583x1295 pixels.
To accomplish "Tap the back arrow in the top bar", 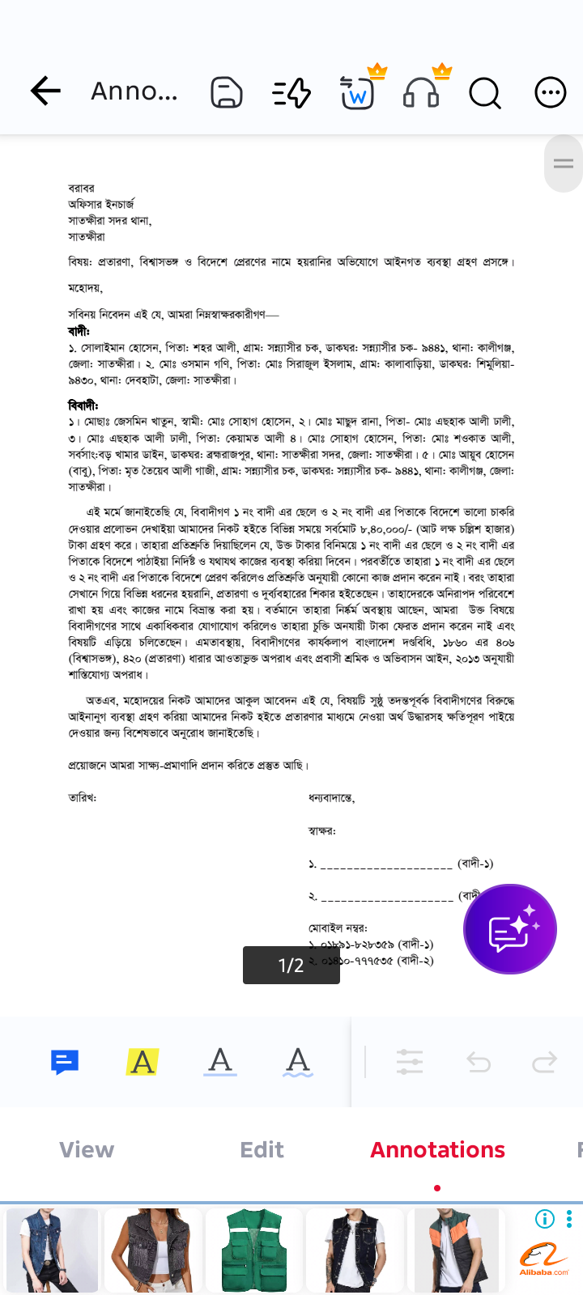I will coord(45,91).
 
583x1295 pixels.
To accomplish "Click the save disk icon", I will coord(227,92).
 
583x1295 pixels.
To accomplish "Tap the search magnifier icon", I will coord(485,93).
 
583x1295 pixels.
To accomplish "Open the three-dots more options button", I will coord(551,92).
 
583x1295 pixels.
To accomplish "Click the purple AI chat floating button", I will coord(510,929).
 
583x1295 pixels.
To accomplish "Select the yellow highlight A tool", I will coord(143,1061).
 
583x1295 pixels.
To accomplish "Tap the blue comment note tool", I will coord(65,1061).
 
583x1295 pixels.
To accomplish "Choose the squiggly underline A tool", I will coord(298,1061).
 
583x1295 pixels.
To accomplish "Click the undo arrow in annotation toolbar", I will coord(479,1061).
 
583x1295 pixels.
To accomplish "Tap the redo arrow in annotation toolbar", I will coord(544,1061).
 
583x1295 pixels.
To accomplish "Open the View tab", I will coord(87,1149).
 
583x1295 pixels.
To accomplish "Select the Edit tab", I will coord(262,1149).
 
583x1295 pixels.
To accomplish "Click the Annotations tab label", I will coord(437,1149).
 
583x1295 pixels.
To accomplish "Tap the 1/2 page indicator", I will coord(291,965).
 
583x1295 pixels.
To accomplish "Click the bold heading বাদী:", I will coord(79,331).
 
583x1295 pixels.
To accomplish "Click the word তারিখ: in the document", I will coord(83,797).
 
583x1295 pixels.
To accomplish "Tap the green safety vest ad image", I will coord(254,1250).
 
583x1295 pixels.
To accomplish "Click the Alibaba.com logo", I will coord(544,1259).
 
